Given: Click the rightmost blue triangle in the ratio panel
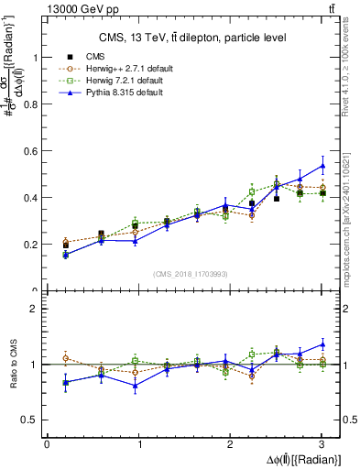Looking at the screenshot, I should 322,344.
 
